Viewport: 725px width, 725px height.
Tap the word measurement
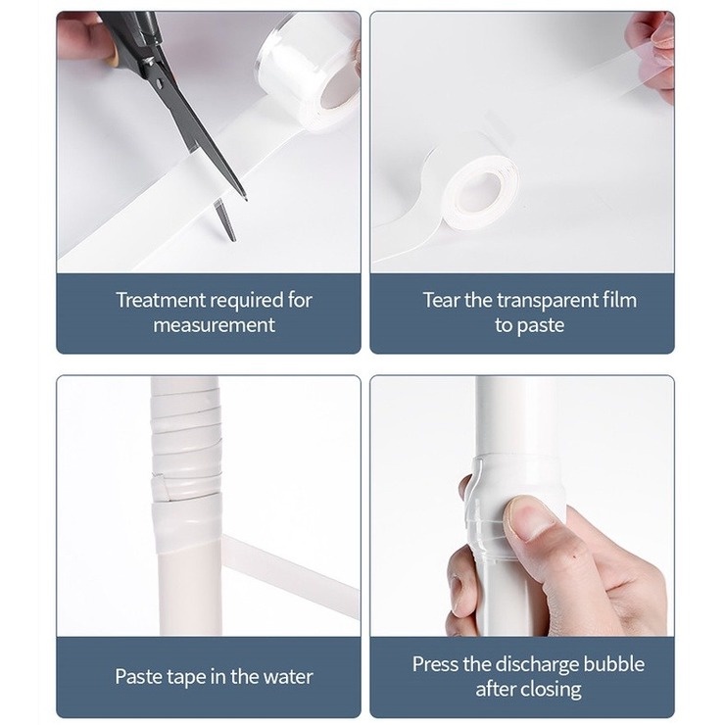tap(215, 325)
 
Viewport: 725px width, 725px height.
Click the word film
tap(619, 300)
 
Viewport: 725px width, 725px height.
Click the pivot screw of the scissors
tap(159, 84)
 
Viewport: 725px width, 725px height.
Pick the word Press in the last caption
tap(435, 664)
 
